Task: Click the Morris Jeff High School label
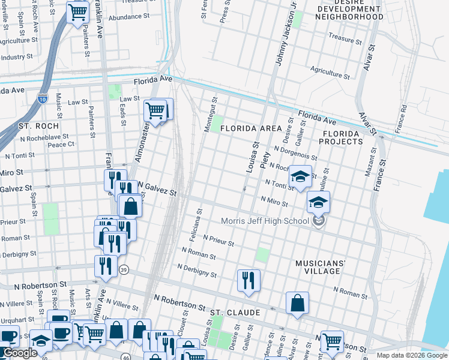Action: pos(264,221)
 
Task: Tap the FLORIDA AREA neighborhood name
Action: pos(250,129)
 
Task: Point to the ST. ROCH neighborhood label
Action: pos(38,127)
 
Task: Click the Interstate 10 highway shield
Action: pos(42,99)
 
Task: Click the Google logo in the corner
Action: pos(20,353)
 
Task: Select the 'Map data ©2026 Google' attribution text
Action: pos(411,355)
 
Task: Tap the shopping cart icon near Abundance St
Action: pos(77,11)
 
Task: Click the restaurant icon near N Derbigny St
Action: pos(247,280)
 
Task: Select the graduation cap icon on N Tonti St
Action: pos(300,176)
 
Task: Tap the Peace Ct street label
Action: pos(61,145)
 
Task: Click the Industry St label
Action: pos(16,58)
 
